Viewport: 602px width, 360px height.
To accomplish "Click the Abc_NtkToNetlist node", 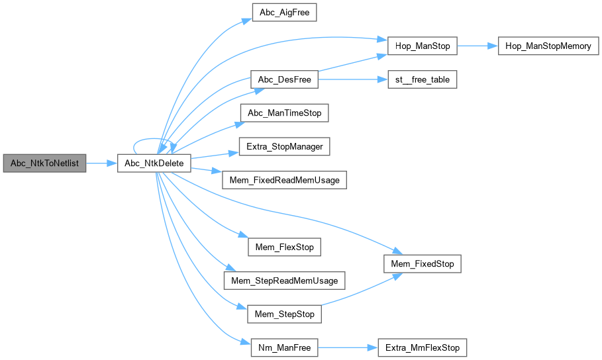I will [x=44, y=163].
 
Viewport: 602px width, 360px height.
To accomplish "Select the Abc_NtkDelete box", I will [x=154, y=163].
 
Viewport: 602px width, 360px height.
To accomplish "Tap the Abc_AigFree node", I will [x=284, y=12].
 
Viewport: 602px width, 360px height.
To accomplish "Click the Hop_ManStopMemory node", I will [x=549, y=46].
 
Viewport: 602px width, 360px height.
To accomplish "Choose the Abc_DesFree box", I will [x=284, y=80].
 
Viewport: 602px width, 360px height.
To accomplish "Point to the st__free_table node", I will [x=422, y=80].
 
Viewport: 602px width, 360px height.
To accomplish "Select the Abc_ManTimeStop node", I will [x=284, y=113].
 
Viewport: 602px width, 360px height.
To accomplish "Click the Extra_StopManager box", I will [x=284, y=146].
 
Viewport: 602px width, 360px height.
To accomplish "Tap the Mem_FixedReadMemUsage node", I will [x=284, y=180].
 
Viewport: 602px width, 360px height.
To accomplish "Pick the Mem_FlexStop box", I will [x=284, y=247].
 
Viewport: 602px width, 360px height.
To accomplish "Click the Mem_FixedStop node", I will [x=423, y=264].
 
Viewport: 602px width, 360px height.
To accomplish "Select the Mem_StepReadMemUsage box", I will [x=284, y=281].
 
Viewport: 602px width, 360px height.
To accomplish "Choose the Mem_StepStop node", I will [x=284, y=314].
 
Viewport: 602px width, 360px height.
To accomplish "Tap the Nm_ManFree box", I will [x=284, y=347].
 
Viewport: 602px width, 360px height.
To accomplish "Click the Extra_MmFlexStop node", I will [x=422, y=347].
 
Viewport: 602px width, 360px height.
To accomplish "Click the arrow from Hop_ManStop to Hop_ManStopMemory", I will [x=477, y=46].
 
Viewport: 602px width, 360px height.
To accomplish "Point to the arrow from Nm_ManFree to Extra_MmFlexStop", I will [x=347, y=347].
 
